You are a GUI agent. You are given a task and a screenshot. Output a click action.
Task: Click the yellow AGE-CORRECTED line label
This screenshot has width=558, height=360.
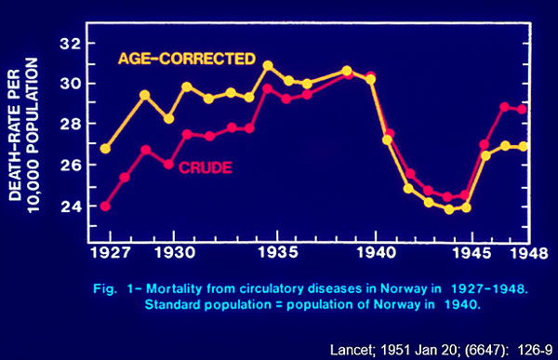tap(186, 59)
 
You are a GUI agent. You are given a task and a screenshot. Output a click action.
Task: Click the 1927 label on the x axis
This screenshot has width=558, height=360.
tap(108, 252)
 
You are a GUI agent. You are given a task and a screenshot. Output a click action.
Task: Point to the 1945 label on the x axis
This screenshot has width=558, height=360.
tap(476, 252)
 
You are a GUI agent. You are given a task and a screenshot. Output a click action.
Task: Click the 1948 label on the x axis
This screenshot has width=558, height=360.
tap(526, 252)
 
